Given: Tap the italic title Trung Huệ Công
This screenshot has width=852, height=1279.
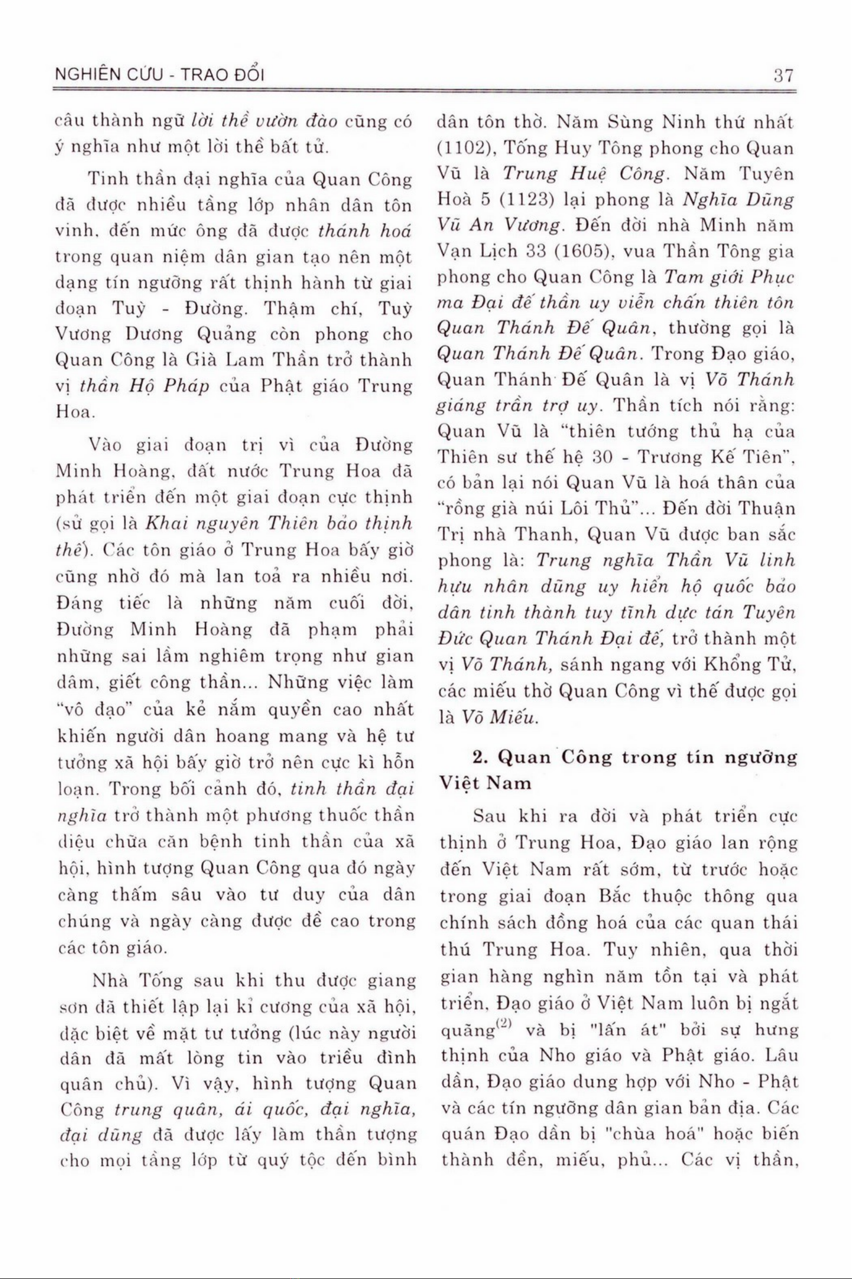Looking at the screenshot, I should click(x=584, y=174).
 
